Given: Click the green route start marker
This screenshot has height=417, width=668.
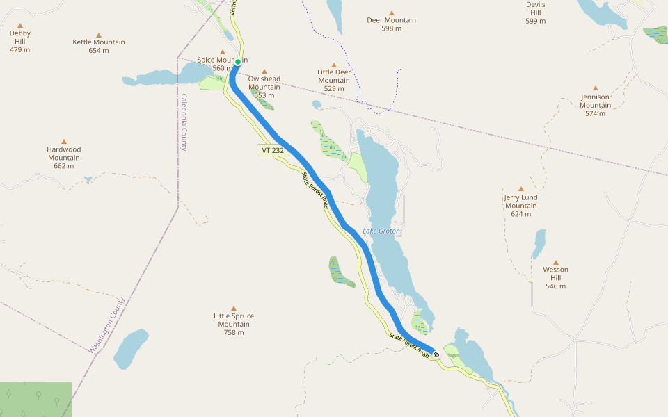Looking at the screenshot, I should [x=238, y=62].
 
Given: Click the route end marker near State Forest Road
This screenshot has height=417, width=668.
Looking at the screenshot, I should [x=436, y=354].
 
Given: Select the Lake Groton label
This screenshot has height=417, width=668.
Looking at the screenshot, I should [x=381, y=231].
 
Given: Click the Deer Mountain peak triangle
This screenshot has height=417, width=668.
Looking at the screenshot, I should [x=392, y=13].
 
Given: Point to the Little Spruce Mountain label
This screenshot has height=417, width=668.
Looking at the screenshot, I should [x=234, y=320].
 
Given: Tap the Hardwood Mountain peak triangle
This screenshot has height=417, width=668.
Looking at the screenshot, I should [x=64, y=141].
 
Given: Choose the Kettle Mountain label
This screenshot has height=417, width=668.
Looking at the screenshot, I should [x=99, y=42].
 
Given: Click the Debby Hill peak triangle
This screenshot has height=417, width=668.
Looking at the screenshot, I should [x=20, y=25].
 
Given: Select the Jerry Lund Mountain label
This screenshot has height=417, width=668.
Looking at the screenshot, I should [x=521, y=202].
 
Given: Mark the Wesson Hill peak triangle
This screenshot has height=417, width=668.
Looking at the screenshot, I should [x=555, y=262].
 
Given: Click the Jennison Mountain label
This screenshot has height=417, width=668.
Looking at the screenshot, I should [x=596, y=101].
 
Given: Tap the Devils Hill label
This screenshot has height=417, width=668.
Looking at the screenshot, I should [x=536, y=9].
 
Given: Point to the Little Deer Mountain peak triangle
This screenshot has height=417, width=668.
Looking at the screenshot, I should [x=334, y=64].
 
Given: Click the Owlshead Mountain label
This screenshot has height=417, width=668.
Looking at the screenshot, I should [x=264, y=83].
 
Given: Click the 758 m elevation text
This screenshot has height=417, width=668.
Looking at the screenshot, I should [x=234, y=332].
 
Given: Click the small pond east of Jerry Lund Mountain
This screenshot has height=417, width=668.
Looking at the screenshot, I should [x=539, y=244].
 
